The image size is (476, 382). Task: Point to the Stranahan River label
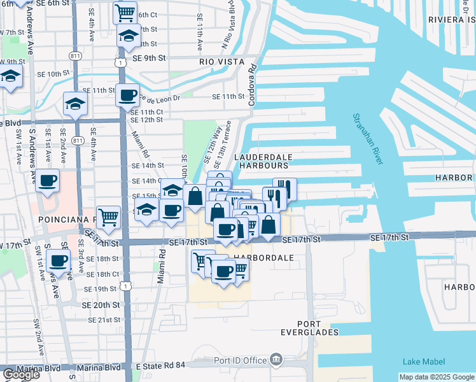[x=368, y=139]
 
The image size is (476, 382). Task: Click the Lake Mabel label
[x=424, y=362]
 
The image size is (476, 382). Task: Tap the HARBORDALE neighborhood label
[x=263, y=258]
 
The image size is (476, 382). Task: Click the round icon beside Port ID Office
[x=276, y=361]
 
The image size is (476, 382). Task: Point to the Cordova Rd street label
[x=253, y=85]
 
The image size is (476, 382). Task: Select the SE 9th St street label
[x=149, y=58]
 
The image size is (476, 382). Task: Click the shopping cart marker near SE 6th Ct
[x=125, y=12]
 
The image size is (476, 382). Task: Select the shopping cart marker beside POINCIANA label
[x=108, y=216]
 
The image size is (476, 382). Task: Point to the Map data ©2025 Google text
[x=437, y=377]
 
